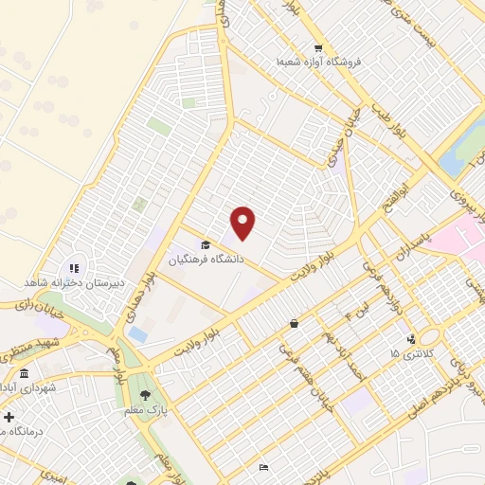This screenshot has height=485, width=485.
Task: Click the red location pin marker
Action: coord(243,223)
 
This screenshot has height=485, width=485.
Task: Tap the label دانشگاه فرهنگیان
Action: coord(207,259)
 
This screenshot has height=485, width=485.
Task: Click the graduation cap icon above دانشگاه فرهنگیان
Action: coord(206,245)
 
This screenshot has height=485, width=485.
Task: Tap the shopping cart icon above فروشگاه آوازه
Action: coord(319,47)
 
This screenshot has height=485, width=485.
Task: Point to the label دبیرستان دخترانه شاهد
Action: coord(67,283)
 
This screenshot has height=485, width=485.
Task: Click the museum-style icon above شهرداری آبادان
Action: coord(24,374)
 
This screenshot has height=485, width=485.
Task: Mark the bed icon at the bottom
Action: coord(263,467)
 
